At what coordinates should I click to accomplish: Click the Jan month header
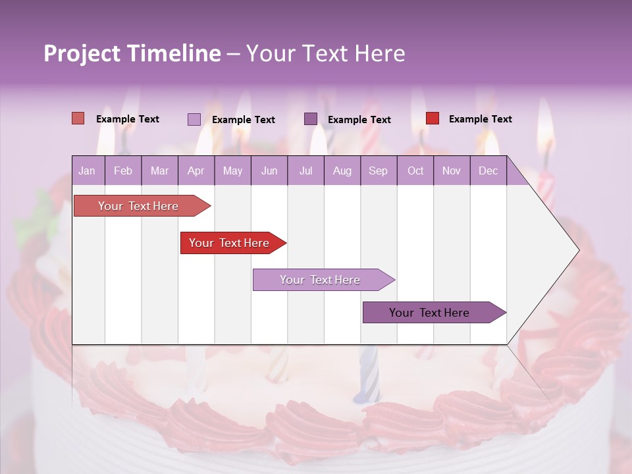click(x=87, y=171)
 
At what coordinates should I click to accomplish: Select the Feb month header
click(x=123, y=171)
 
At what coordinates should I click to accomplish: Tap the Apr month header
click(x=196, y=171)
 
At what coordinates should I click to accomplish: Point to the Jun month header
click(x=269, y=171)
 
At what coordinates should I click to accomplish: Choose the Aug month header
click(x=342, y=171)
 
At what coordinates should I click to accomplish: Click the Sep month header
click(x=378, y=171)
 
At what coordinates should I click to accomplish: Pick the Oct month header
click(x=415, y=171)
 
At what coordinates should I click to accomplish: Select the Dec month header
click(x=488, y=171)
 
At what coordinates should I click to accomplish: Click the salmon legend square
click(x=78, y=118)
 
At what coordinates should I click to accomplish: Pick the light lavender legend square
click(x=194, y=119)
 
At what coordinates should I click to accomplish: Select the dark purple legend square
click(x=311, y=119)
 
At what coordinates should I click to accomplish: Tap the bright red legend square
click(x=433, y=118)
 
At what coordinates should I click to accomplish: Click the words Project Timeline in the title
click(x=132, y=53)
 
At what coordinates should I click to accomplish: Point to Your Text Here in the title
click(x=326, y=53)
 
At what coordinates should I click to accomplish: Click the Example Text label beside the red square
click(x=480, y=119)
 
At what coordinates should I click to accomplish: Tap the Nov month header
click(x=452, y=171)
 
